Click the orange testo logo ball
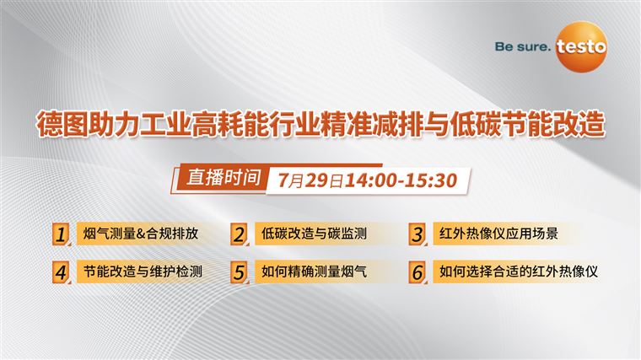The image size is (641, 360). (x=581, y=46)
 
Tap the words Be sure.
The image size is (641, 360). (x=523, y=46)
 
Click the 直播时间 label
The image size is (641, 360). (x=224, y=178)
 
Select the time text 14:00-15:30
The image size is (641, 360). (x=401, y=180)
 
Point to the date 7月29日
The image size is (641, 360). (x=311, y=180)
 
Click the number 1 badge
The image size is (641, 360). (x=62, y=234)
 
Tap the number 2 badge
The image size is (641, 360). (x=240, y=234)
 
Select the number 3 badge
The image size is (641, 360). (x=417, y=234)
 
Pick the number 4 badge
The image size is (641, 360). (x=62, y=272)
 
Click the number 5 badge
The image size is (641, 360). (x=240, y=272)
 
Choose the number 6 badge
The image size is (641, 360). (x=417, y=272)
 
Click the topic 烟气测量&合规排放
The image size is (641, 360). (x=141, y=234)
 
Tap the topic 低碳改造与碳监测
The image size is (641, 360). (x=314, y=234)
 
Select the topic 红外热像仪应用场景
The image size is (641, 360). (x=498, y=234)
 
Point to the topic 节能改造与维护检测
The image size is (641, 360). (x=143, y=271)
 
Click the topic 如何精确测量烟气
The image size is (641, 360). (x=314, y=271)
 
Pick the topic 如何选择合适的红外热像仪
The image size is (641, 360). (x=519, y=271)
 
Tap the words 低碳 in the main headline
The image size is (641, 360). (x=476, y=123)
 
